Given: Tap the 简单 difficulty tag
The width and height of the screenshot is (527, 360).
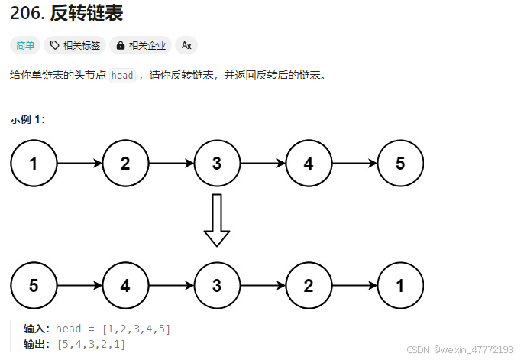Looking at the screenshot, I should pyautogui.click(x=25, y=46).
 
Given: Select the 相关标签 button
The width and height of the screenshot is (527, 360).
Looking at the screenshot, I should pyautogui.click(x=75, y=46).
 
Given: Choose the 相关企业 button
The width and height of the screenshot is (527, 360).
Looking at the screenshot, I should pyautogui.click(x=141, y=46).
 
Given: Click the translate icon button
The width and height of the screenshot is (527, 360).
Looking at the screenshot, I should pyautogui.click(x=186, y=46).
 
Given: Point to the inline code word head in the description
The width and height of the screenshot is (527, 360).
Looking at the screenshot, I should pyautogui.click(x=122, y=75).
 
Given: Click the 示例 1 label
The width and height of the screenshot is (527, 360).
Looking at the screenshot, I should pyautogui.click(x=27, y=118).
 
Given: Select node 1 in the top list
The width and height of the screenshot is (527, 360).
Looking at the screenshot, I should pyautogui.click(x=34, y=163).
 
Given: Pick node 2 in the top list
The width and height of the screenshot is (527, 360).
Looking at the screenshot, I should pyautogui.click(x=125, y=163).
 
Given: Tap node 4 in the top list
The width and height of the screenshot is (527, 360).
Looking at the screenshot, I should pyautogui.click(x=309, y=163).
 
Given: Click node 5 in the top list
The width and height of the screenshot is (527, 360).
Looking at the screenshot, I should pyautogui.click(x=400, y=163).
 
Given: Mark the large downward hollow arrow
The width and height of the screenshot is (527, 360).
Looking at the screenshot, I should pyautogui.click(x=217, y=220).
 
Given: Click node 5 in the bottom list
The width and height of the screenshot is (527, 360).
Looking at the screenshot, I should pyautogui.click(x=34, y=286).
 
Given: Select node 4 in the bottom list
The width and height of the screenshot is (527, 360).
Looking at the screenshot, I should pyautogui.click(x=125, y=286).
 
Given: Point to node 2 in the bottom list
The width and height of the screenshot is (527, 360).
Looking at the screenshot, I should pyautogui.click(x=309, y=286).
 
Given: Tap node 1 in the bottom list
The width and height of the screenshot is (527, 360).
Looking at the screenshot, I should pyautogui.click(x=400, y=286).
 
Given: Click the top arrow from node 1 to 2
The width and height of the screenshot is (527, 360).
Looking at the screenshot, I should pyautogui.click(x=79, y=163).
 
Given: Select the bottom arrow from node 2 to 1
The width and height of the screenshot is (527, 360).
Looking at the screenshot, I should pyautogui.click(x=354, y=286).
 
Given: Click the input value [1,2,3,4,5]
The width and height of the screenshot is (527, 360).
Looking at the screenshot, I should pyautogui.click(x=137, y=329).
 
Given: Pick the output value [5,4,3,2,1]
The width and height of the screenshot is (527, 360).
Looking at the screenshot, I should pyautogui.click(x=92, y=343).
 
